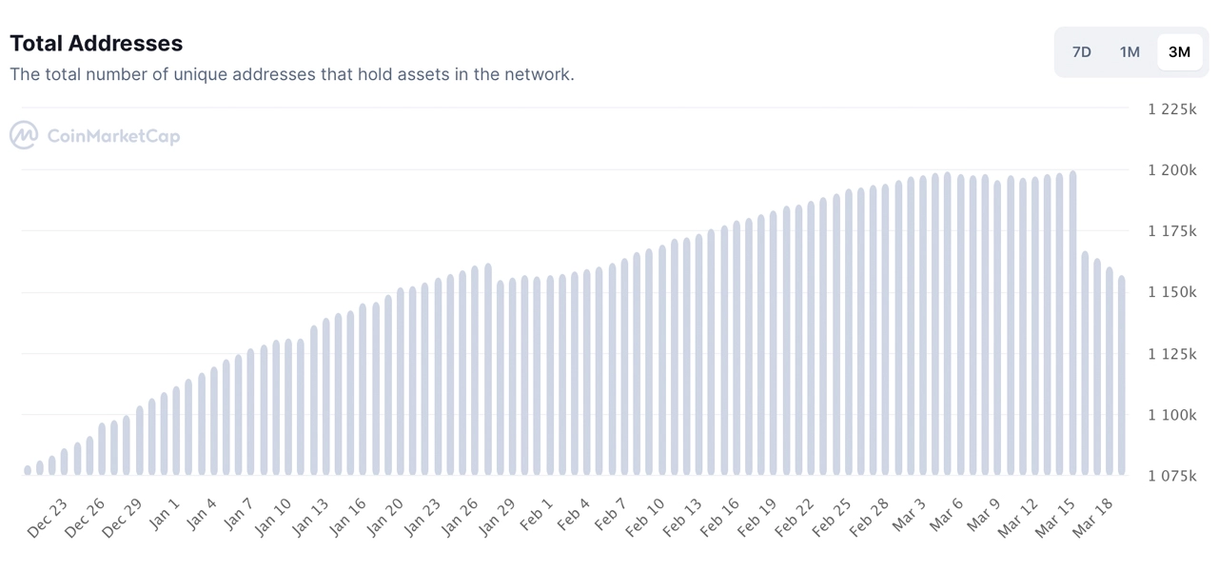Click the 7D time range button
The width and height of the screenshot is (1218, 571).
click(1082, 52)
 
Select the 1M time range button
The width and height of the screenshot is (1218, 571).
click(1130, 52)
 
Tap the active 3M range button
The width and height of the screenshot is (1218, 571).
click(1179, 52)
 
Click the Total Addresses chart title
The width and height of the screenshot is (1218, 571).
click(96, 44)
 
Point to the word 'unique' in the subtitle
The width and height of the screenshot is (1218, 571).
click(200, 74)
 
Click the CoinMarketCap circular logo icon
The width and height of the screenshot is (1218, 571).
click(24, 135)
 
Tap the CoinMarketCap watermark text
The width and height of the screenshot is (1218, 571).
click(113, 136)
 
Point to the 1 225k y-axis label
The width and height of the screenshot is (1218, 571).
click(1171, 109)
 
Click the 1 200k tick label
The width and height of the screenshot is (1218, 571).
click(1171, 170)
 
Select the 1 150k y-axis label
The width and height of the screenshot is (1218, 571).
click(1171, 292)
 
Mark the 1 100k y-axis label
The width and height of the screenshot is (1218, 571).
click(1171, 415)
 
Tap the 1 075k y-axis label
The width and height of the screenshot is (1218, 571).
click(1171, 476)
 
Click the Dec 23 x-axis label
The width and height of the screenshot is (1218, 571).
click(48, 519)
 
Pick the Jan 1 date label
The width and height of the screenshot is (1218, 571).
click(164, 514)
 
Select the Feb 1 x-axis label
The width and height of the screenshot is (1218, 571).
click(536, 514)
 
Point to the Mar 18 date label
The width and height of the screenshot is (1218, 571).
click(1092, 519)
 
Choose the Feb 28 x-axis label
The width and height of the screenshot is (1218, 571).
click(869, 519)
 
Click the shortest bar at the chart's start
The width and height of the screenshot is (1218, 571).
click(28, 470)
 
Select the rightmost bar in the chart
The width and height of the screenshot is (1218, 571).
click(1122, 375)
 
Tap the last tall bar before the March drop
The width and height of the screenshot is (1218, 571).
click(1072, 323)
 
